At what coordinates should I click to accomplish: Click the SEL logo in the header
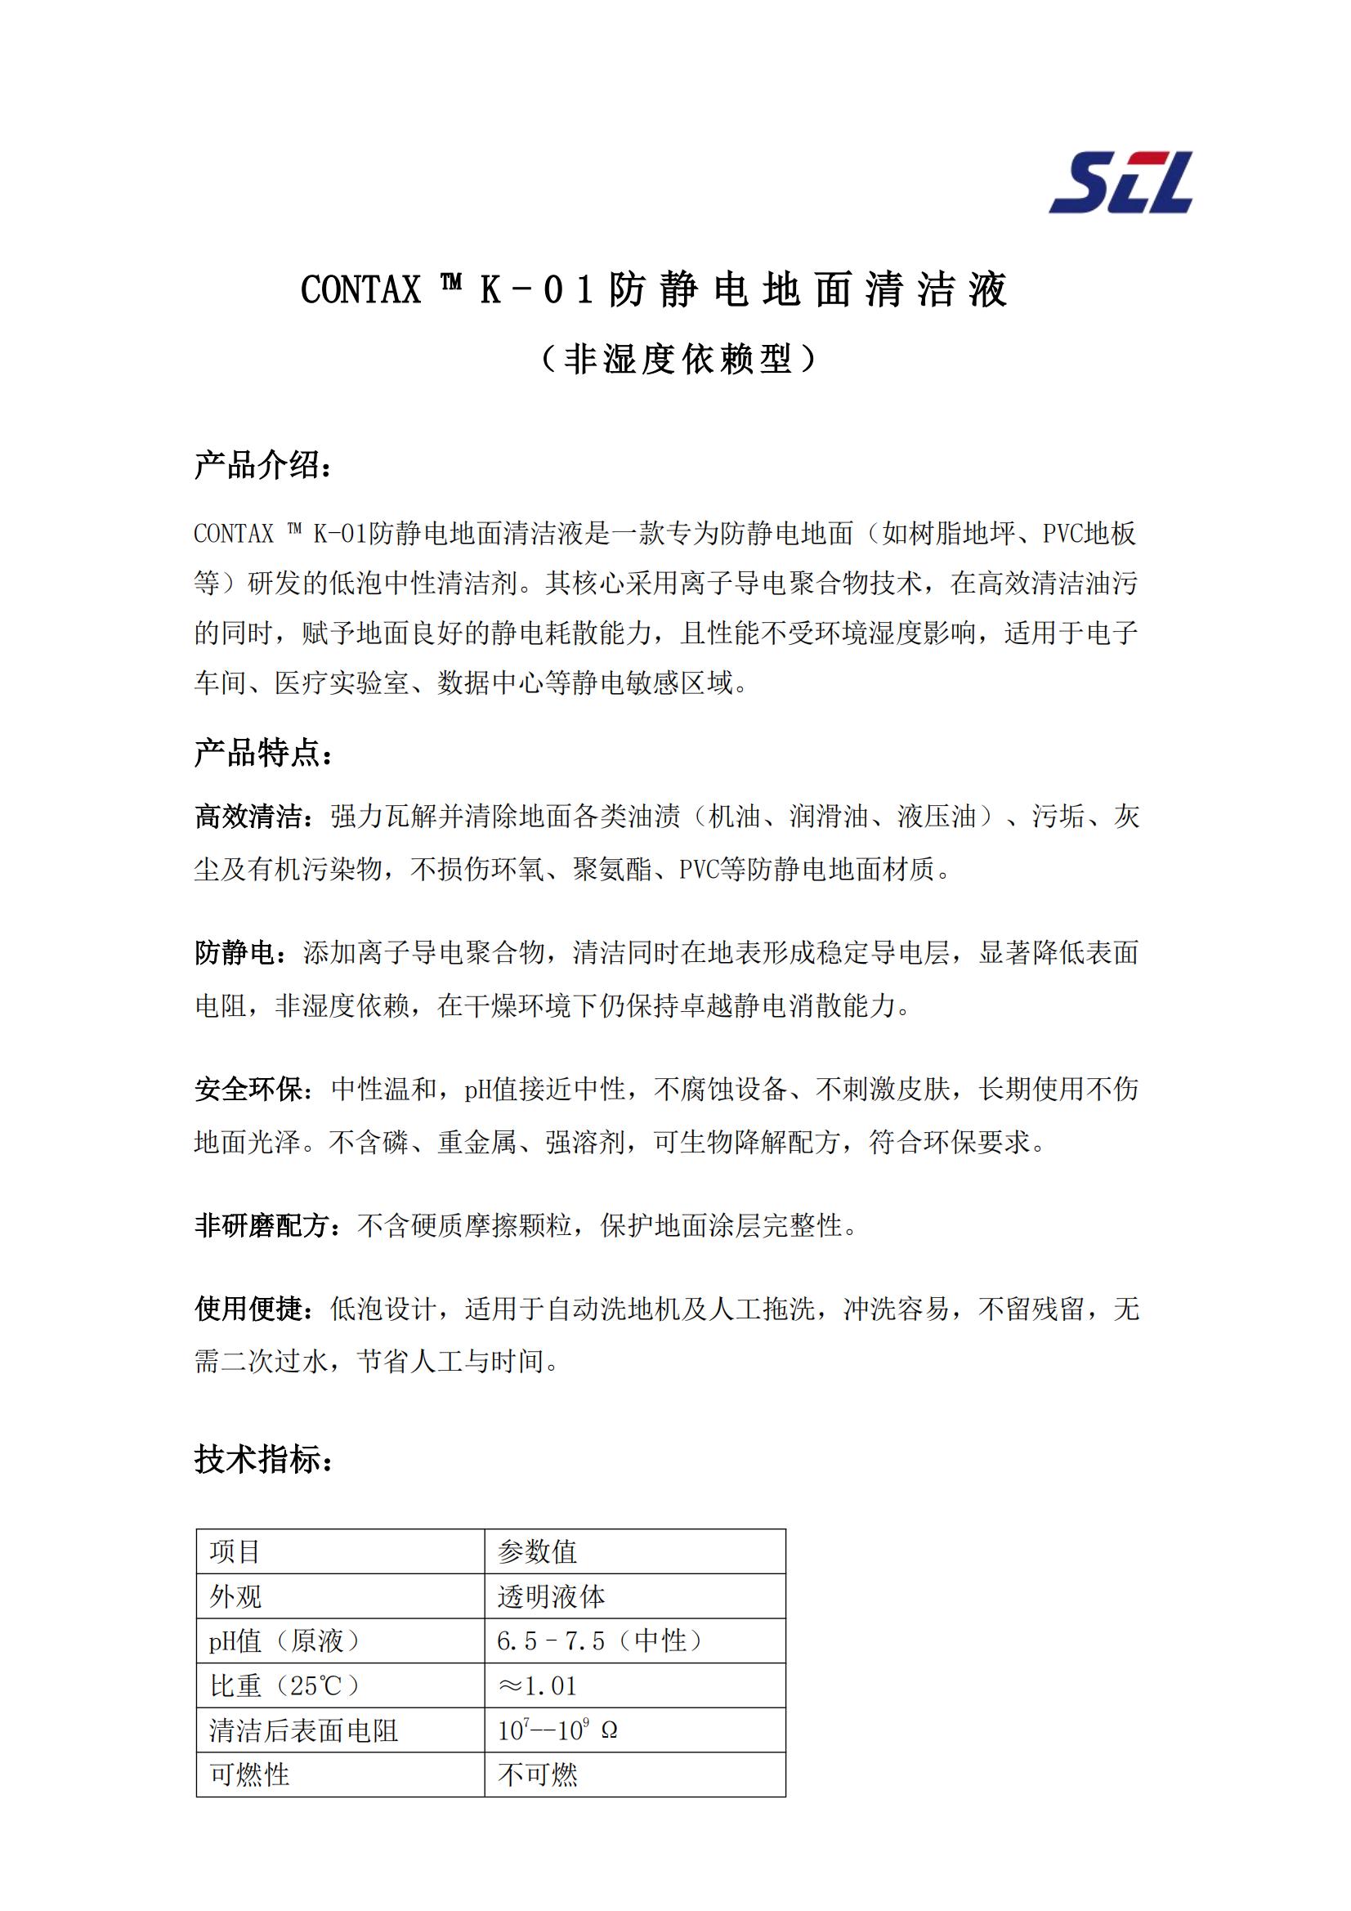pyautogui.click(x=1121, y=182)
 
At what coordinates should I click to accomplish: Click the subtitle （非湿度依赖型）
pyautogui.click(x=678, y=359)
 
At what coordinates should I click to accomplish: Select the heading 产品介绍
pyautogui.click(x=263, y=465)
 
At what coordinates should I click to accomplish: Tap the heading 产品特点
pyautogui.click(x=263, y=754)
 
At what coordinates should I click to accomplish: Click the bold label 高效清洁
pyautogui.click(x=249, y=817)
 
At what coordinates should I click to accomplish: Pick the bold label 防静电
pyautogui.click(x=235, y=953)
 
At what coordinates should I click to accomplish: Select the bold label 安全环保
pyautogui.click(x=249, y=1089)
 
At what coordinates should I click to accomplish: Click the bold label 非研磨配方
pyautogui.click(x=262, y=1225)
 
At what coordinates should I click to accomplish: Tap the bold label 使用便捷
pyautogui.click(x=249, y=1309)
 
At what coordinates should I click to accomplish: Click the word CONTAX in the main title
pyautogui.click(x=360, y=290)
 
